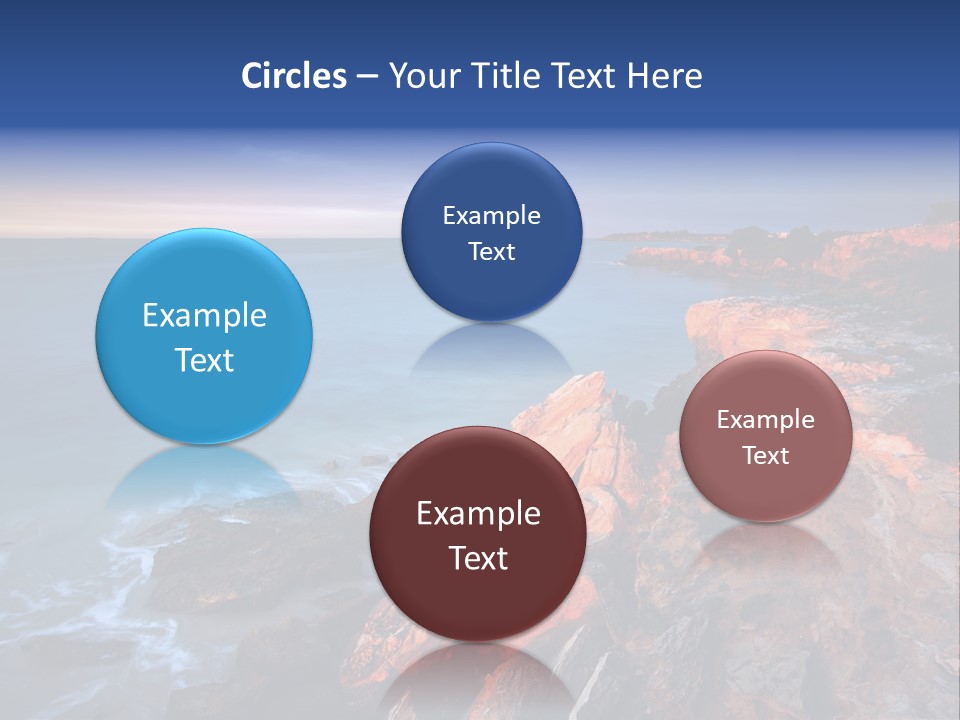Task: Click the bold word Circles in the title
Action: coord(293,76)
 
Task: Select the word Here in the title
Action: coord(665,76)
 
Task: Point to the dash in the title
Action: coord(367,77)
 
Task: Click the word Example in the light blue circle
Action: coord(204,316)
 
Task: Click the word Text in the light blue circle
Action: coord(204,360)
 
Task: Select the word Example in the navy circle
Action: coord(491,216)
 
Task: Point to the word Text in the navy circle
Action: coord(491,251)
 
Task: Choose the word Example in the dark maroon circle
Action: coord(478,514)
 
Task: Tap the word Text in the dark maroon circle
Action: coord(478,558)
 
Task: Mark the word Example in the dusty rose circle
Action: coord(765,420)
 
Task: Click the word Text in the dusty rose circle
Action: coord(765,455)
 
